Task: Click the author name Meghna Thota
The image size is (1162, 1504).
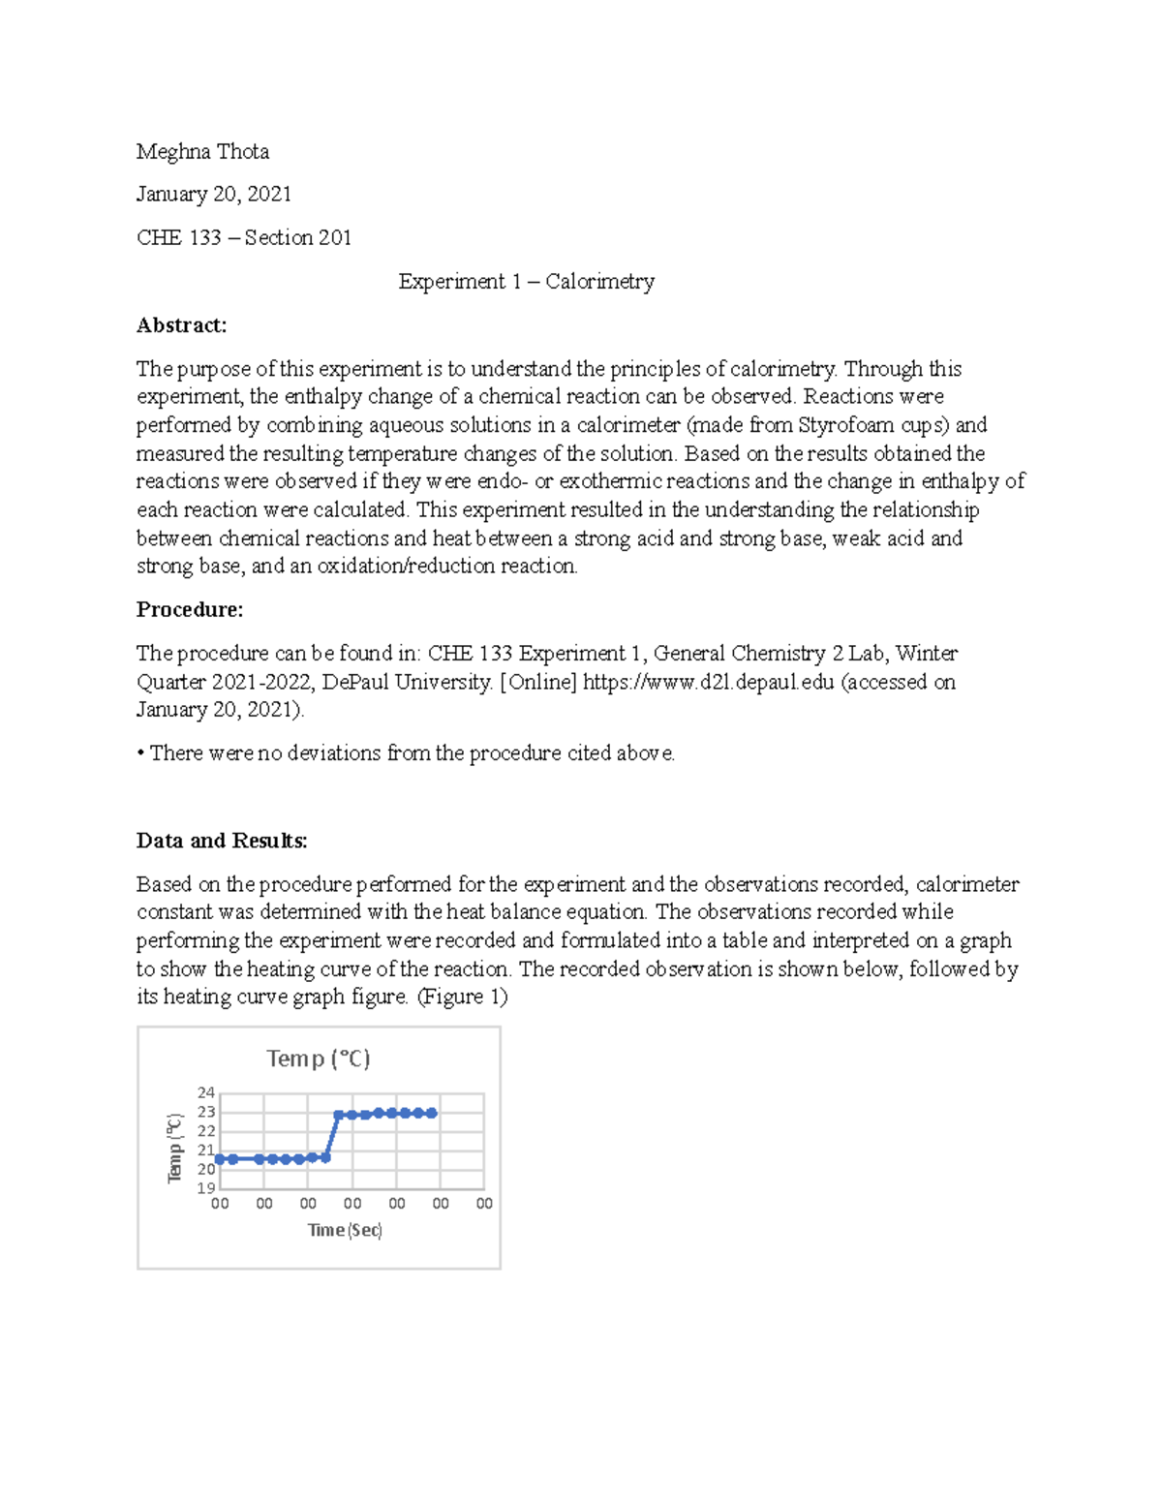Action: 202,151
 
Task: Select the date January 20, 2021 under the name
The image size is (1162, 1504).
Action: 213,194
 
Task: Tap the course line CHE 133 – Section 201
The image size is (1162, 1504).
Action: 243,237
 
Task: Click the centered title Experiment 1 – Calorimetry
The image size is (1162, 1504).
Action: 526,281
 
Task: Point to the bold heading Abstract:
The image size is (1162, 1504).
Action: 181,324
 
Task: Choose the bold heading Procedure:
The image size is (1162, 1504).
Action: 189,609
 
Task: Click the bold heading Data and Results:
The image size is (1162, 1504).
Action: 222,840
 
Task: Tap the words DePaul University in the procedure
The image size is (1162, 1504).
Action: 407,682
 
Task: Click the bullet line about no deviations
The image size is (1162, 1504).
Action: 407,752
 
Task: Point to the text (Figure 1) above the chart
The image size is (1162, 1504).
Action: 462,997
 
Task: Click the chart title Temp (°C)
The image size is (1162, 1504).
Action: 319,1059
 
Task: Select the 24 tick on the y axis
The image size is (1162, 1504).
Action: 206,1092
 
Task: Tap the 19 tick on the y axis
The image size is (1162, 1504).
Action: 206,1188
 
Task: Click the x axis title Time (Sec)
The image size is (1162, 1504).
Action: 345,1230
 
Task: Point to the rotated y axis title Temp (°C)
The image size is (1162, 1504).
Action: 175,1148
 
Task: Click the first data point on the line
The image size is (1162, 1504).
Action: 220,1159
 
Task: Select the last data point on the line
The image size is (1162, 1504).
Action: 432,1114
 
